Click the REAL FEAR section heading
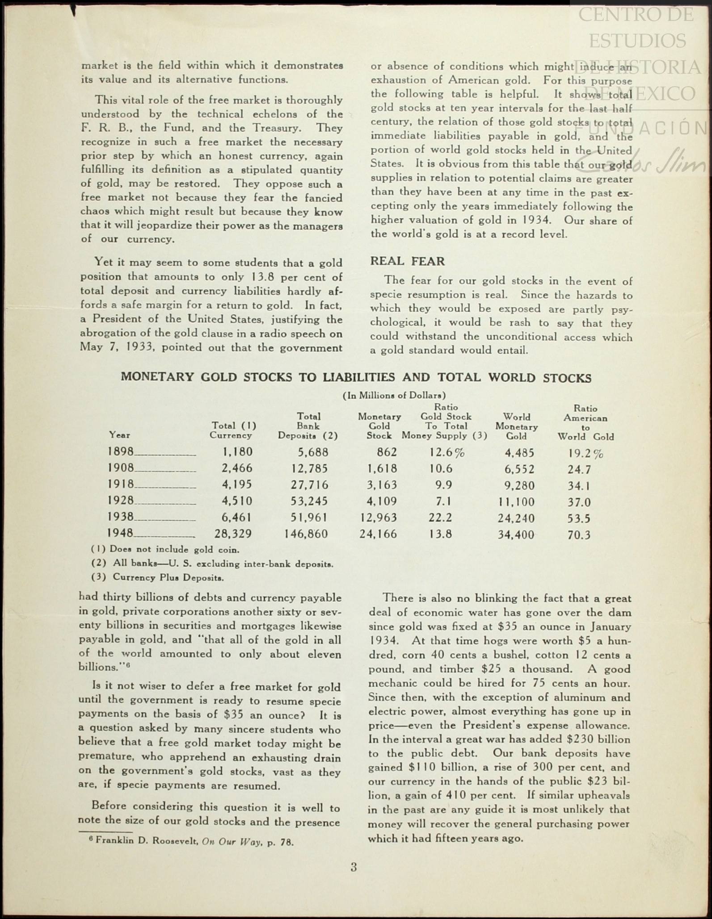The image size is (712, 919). click(x=407, y=261)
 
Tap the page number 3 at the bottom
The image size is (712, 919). click(x=354, y=867)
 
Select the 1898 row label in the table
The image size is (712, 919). click(x=121, y=452)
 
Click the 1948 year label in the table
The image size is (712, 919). click(x=121, y=533)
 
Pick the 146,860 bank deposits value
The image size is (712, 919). click(x=306, y=534)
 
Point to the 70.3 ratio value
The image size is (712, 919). click(x=579, y=535)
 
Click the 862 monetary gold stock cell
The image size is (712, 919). click(x=387, y=452)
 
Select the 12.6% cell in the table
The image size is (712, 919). click(x=447, y=453)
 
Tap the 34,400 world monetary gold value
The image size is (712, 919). click(x=516, y=535)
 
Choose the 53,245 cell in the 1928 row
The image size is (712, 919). click(x=309, y=501)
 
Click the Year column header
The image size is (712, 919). click(x=120, y=435)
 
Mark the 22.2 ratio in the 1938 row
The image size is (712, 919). click(x=440, y=518)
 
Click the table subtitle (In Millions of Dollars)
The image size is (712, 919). click(x=394, y=395)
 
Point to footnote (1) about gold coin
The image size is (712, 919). click(x=165, y=550)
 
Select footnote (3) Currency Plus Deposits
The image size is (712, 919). click(x=157, y=577)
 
